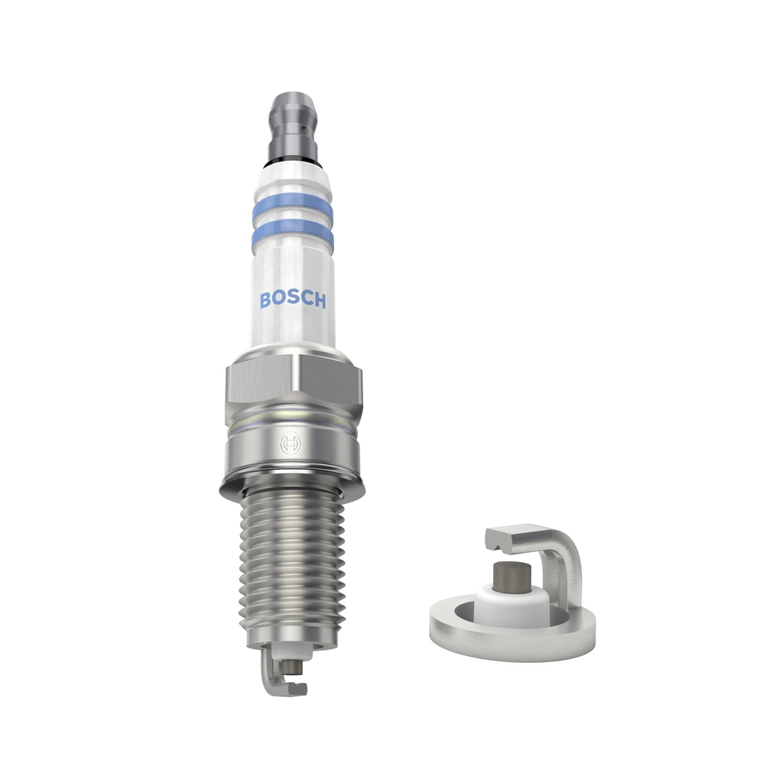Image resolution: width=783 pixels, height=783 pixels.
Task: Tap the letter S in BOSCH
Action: pos(291,299)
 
